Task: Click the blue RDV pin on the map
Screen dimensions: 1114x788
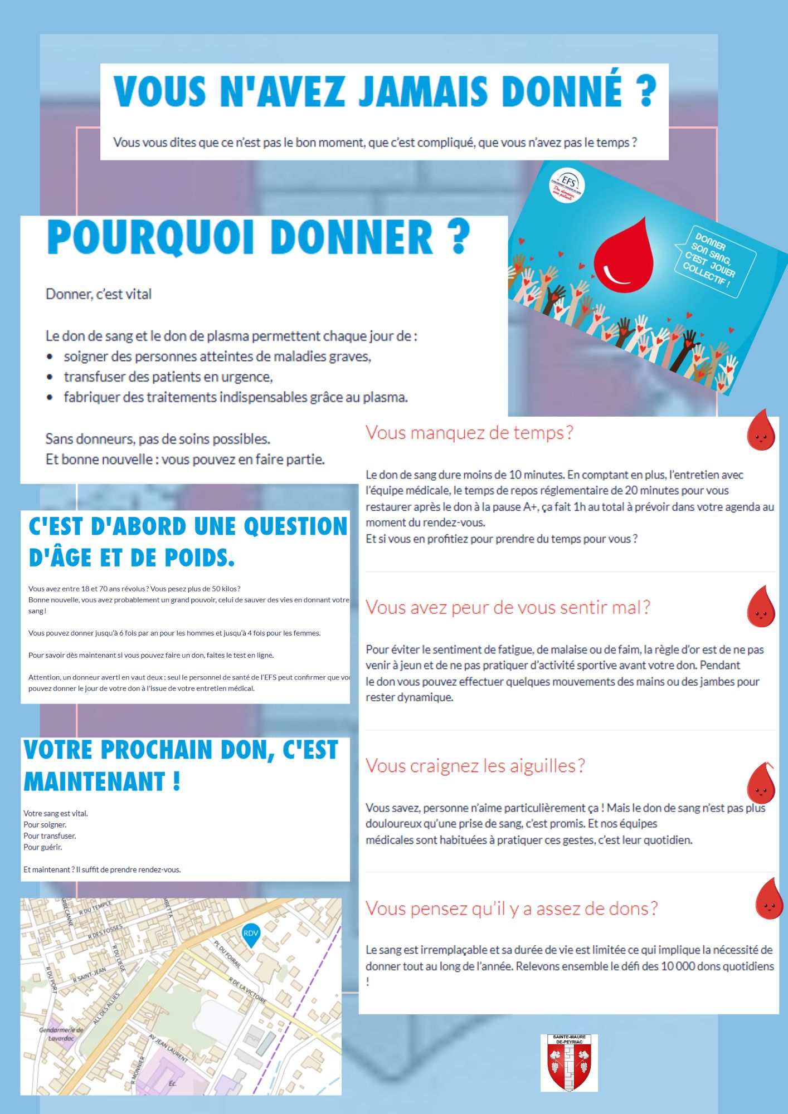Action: tap(251, 934)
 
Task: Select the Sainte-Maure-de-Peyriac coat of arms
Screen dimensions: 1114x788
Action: tap(569, 1063)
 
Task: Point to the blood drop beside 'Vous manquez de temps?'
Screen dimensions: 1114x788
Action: tap(761, 431)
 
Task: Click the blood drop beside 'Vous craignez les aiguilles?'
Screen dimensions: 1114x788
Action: tap(761, 783)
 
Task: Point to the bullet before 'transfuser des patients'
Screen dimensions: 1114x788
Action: tap(50, 377)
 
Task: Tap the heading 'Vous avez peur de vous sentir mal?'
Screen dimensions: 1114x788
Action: tap(508, 607)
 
